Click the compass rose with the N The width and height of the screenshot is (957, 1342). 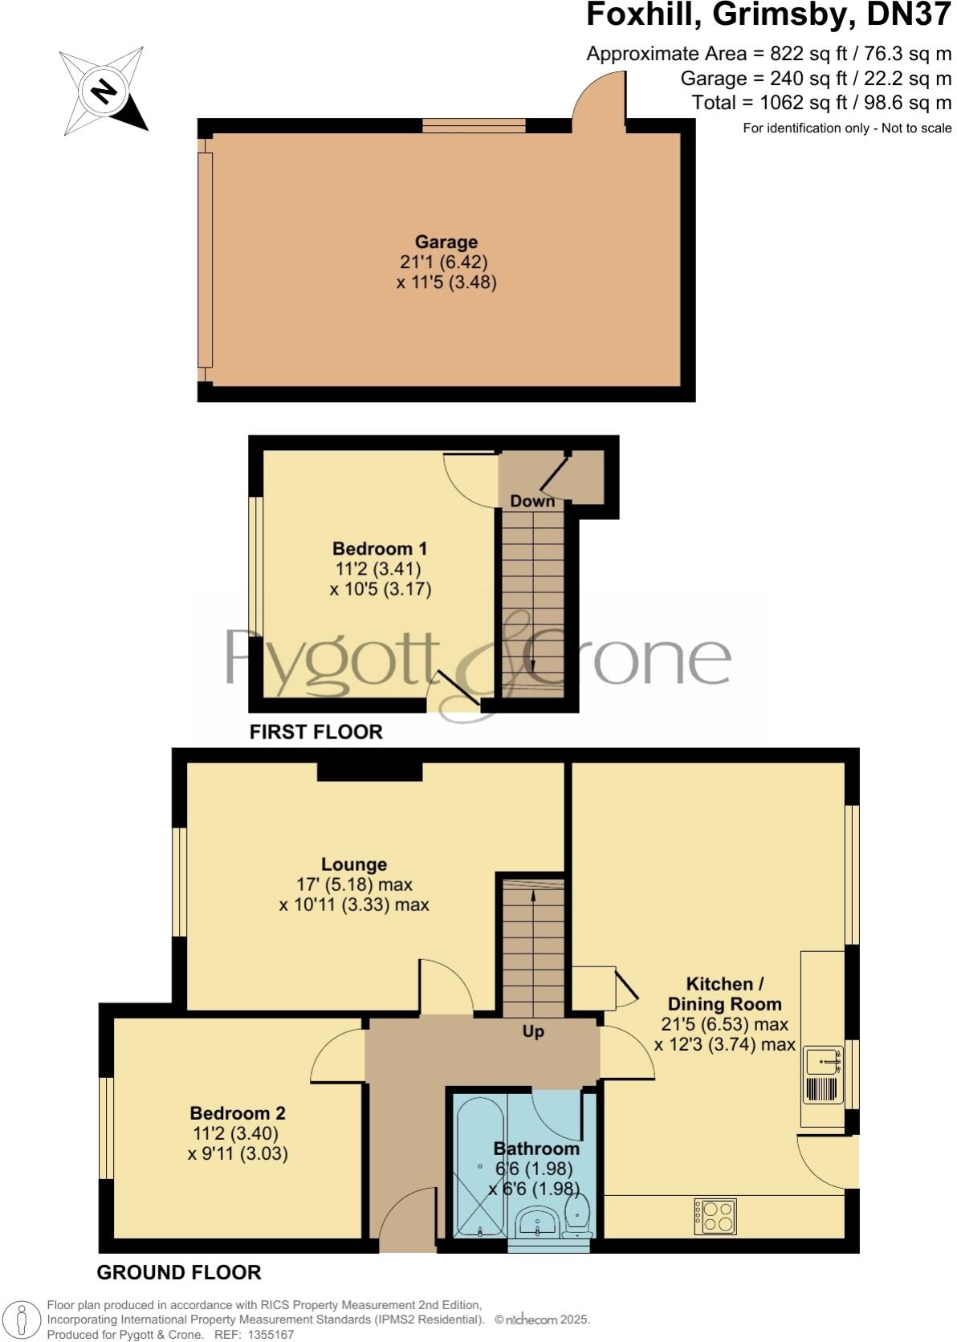point(102,91)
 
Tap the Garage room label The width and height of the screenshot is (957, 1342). point(446,242)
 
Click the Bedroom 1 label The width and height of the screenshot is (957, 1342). point(380,549)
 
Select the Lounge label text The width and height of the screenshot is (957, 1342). point(354,864)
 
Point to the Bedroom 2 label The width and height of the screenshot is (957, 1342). point(238,1113)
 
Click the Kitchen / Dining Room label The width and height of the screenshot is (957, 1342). point(724,994)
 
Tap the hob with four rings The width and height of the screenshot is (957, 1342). point(715,1216)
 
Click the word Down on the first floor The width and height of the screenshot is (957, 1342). point(532,501)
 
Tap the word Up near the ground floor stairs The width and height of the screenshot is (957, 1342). point(533,1031)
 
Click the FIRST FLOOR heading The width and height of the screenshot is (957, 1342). point(316,732)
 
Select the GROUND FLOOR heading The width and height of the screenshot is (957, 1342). point(178,1272)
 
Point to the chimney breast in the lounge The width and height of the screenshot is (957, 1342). point(370,771)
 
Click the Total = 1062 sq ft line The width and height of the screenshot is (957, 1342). point(821,103)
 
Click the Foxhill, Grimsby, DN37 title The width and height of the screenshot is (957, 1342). point(768,15)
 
